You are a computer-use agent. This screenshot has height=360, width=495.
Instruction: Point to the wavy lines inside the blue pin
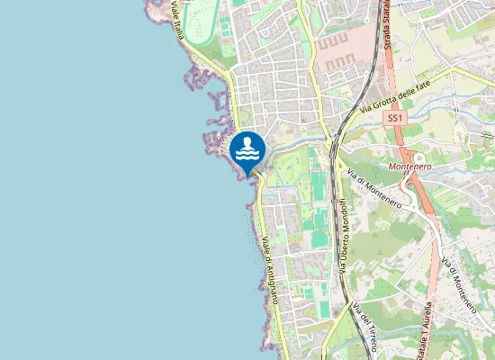[x=247, y=155]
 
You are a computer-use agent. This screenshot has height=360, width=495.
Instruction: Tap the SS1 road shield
[x=394, y=118]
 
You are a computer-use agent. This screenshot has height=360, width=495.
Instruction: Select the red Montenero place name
[x=410, y=167]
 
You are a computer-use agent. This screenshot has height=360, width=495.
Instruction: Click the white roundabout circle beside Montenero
[x=418, y=158]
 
